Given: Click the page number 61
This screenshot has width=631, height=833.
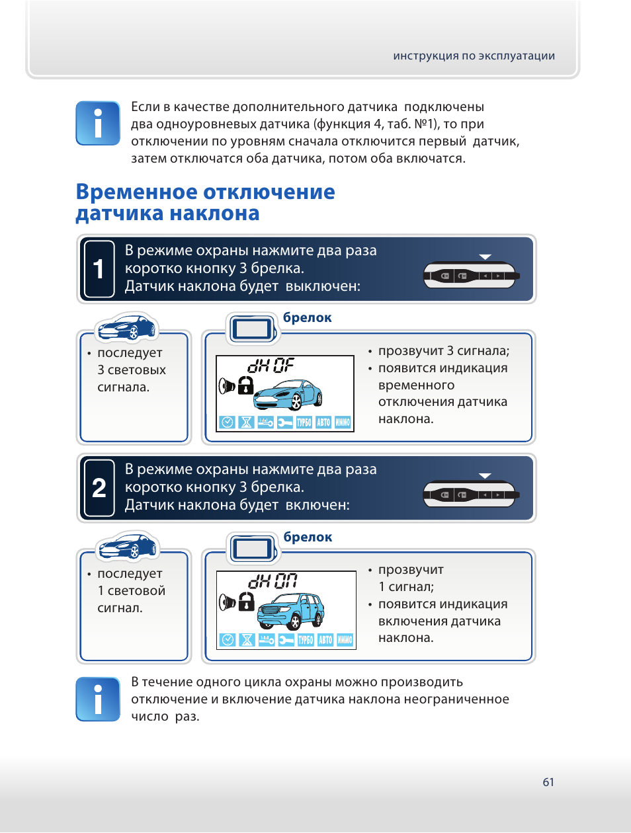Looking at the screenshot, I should tap(548, 782).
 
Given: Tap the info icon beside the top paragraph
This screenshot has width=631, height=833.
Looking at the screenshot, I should tap(98, 123).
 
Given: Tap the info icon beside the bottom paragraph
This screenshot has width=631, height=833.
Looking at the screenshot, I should tap(98, 699).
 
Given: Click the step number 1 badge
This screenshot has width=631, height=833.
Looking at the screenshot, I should tap(99, 269).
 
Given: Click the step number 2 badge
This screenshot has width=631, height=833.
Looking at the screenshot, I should tap(99, 488).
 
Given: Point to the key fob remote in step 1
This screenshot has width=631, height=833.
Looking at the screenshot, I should tap(471, 275).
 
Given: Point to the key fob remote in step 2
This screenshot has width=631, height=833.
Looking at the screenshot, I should tap(471, 494).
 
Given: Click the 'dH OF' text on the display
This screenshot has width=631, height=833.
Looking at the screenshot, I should tap(271, 366).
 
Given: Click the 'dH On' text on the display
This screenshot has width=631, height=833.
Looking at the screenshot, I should tap(272, 581).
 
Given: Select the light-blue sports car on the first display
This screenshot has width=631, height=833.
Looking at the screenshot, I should tap(288, 395).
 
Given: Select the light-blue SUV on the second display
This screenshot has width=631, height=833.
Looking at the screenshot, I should tap(291, 610).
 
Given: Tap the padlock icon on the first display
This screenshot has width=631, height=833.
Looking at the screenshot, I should tap(245, 385).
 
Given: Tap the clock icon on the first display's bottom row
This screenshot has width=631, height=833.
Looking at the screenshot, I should tap(228, 422).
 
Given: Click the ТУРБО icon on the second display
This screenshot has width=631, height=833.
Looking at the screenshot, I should tap(306, 640).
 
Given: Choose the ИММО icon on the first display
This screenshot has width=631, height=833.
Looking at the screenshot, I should tap(343, 422).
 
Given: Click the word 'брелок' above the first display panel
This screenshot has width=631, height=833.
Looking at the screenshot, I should tap(308, 318).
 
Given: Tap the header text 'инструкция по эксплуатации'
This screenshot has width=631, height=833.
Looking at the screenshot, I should tap(474, 56).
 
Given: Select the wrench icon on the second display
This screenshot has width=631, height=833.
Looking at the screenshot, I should tap(286, 640).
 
